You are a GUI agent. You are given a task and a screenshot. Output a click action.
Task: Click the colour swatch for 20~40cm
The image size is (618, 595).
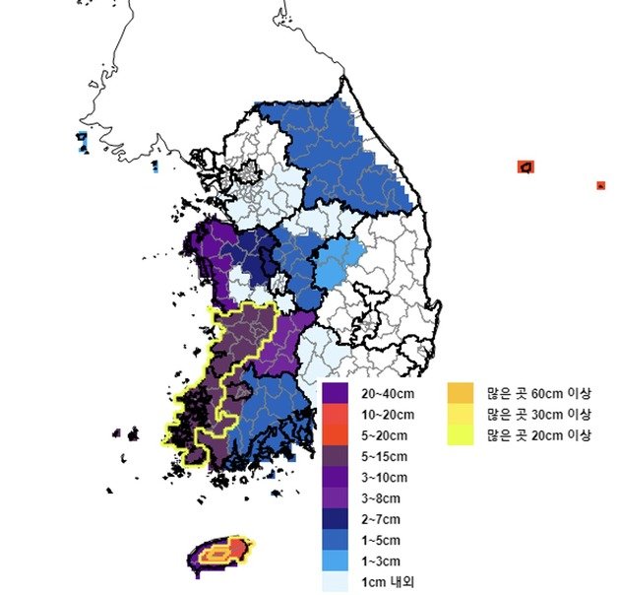click(x=334, y=392)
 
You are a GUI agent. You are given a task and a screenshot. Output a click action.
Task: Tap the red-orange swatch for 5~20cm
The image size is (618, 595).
click(x=334, y=434)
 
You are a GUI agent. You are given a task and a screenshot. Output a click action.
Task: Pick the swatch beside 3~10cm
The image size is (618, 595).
click(x=334, y=477)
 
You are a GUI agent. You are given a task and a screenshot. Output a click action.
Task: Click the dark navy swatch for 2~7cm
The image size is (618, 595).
click(x=334, y=519)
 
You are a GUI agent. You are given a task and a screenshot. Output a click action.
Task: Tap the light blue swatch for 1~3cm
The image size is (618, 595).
click(x=334, y=562)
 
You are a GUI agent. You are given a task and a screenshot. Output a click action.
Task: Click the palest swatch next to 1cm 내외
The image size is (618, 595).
click(x=334, y=582)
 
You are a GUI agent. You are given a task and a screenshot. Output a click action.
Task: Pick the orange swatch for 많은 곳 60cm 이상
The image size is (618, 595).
click(x=462, y=392)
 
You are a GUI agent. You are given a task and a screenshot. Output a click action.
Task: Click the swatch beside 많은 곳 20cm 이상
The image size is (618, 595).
click(x=462, y=434)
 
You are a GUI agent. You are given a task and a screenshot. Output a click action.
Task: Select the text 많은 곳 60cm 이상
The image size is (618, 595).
click(x=539, y=392)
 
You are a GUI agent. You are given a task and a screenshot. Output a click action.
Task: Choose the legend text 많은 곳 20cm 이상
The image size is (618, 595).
click(x=539, y=434)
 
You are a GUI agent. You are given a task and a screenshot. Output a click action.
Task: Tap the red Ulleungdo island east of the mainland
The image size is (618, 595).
click(x=527, y=166)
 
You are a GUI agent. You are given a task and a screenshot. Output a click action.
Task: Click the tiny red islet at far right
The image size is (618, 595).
click(x=600, y=184)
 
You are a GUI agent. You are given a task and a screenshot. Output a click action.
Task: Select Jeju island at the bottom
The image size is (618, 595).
click(x=220, y=554)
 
